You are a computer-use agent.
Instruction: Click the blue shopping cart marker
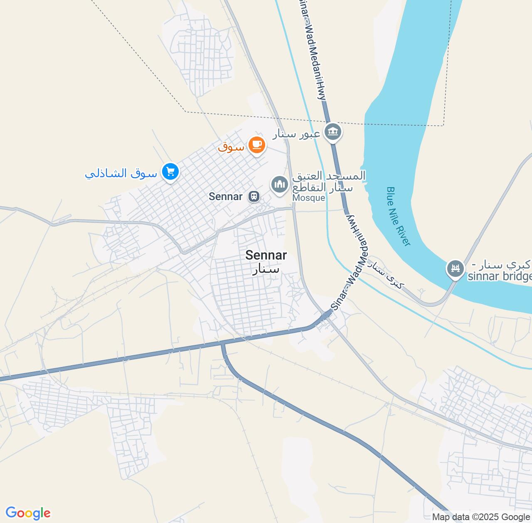point(170,171)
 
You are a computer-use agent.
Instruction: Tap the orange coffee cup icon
point(256,145)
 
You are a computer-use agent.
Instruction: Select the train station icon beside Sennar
point(253,196)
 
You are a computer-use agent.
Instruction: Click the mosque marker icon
point(280,185)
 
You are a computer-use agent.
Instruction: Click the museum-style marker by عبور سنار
point(332,132)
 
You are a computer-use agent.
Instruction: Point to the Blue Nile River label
point(398,216)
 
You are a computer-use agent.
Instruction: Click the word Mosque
point(308,198)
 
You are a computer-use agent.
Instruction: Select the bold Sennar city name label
point(266,255)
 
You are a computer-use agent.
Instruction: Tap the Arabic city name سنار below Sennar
point(266,269)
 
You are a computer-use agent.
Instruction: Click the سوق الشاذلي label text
point(121,173)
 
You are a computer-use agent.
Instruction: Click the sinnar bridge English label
point(500,276)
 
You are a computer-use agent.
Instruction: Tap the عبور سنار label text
point(296,134)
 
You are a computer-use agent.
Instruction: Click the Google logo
point(28,513)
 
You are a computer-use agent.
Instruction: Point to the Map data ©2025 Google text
point(481,517)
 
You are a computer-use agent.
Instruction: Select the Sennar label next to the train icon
point(226,196)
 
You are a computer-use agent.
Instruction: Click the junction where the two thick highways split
point(223,343)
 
